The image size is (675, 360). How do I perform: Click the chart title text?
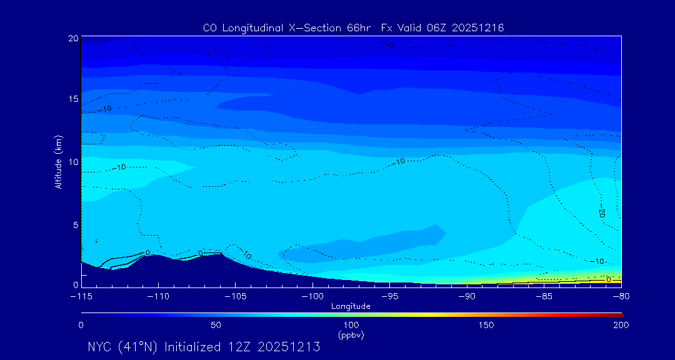point(353,28)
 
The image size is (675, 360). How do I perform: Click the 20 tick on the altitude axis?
point(73,38)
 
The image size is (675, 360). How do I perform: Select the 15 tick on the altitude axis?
point(73,99)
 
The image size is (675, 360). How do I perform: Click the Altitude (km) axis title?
point(59,162)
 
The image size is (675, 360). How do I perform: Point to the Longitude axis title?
point(351,306)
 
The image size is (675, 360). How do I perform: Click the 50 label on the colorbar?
point(216,325)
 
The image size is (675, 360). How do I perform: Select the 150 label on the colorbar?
point(486,325)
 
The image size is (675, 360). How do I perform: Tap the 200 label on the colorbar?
point(621,325)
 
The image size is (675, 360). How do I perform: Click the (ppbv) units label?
point(351,335)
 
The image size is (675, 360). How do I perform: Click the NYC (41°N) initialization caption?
point(204,347)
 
